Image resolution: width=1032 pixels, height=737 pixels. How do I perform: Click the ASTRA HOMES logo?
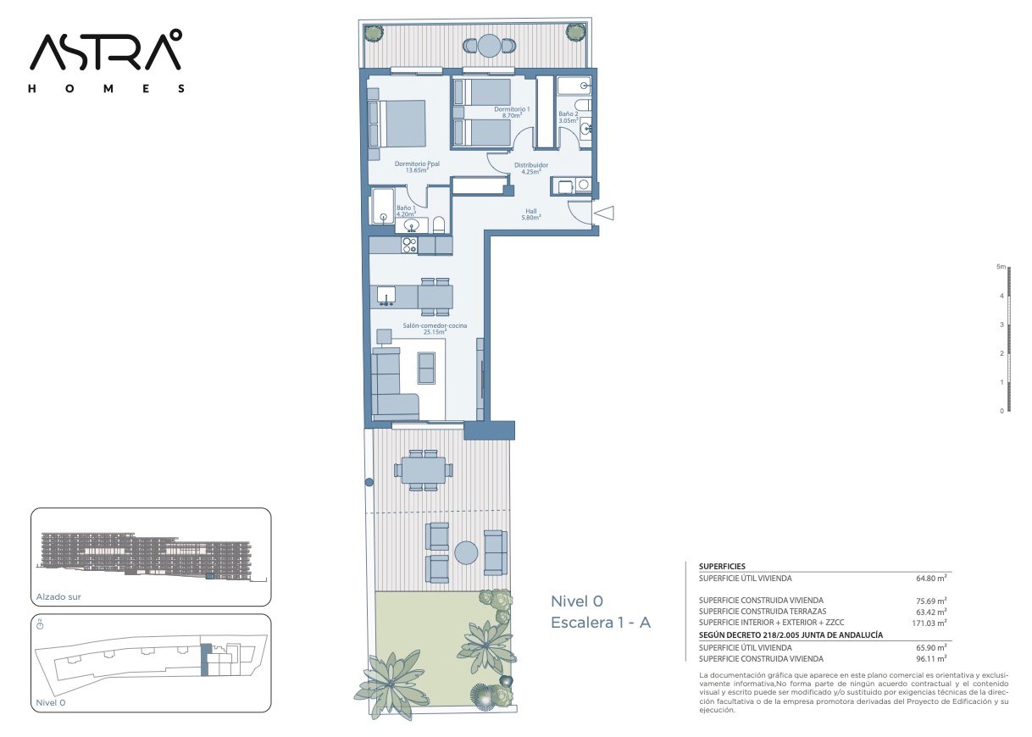click(107, 61)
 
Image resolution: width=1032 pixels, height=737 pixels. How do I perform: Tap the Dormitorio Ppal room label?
click(417, 167)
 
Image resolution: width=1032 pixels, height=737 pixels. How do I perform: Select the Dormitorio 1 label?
click(512, 113)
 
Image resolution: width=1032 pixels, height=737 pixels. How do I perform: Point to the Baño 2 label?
click(568, 117)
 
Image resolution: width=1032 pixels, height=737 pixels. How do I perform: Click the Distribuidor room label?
click(530, 168)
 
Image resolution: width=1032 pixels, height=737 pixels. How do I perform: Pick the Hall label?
click(530, 214)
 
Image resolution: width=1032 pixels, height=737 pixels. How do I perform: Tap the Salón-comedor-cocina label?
click(435, 329)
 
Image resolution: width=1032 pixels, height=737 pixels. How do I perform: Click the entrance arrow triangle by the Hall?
click(604, 213)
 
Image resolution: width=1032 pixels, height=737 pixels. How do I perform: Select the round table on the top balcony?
click(490, 46)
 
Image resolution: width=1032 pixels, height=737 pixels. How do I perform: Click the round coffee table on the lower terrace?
click(466, 552)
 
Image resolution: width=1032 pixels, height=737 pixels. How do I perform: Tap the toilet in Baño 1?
click(439, 224)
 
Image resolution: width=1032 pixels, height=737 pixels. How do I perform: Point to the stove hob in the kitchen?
click(409, 245)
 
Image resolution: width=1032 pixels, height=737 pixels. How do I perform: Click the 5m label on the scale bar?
click(1001, 267)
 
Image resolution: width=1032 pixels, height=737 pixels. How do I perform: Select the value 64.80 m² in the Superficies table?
click(931, 578)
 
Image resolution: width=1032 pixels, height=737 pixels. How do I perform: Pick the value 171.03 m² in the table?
click(929, 623)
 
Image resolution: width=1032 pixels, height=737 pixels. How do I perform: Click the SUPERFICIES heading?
click(722, 567)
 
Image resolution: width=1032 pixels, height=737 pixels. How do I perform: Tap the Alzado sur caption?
click(58, 596)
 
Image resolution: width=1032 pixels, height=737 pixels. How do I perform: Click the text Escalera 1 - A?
click(601, 623)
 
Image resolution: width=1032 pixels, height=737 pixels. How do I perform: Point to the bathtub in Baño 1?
click(382, 206)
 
